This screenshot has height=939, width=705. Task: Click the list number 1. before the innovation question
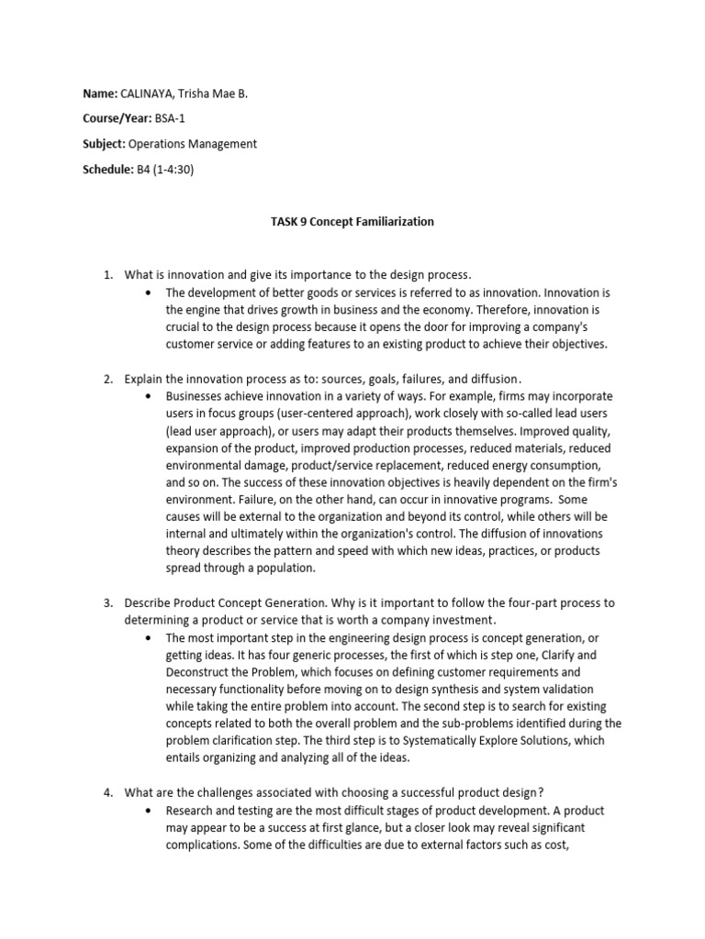(x=106, y=275)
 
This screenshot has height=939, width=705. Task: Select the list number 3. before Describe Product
(x=106, y=602)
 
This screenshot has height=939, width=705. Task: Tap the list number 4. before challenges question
(x=106, y=793)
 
